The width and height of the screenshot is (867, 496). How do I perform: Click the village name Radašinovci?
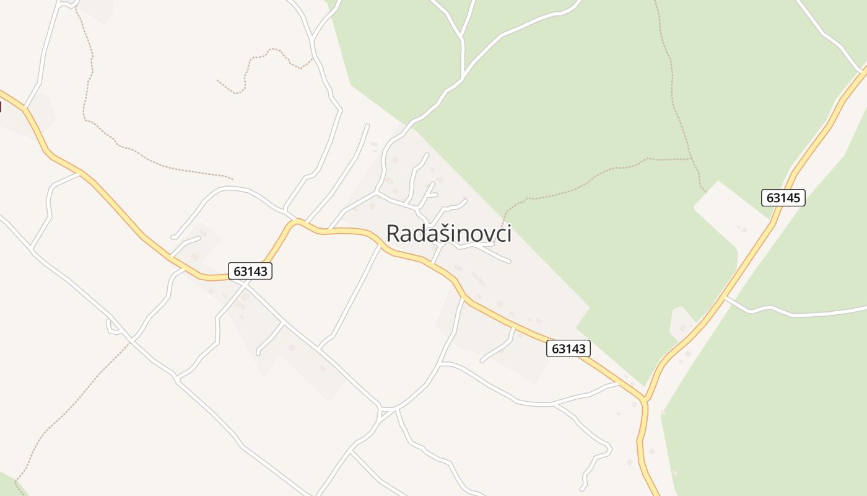448,234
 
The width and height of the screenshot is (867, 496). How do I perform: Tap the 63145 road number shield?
783,198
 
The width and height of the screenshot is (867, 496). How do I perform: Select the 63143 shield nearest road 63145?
569,348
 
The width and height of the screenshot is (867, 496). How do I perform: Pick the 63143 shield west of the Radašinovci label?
250,271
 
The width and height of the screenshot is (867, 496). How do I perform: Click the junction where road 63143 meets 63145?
645,400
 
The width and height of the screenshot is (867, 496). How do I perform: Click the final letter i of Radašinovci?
508,234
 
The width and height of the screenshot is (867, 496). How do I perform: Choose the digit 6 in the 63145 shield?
770,198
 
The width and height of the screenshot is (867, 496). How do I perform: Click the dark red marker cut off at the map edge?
1,107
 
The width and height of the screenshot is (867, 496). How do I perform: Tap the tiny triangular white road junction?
387,412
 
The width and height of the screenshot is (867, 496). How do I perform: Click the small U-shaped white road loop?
113,327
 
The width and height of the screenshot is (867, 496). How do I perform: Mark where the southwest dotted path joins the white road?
131,340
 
